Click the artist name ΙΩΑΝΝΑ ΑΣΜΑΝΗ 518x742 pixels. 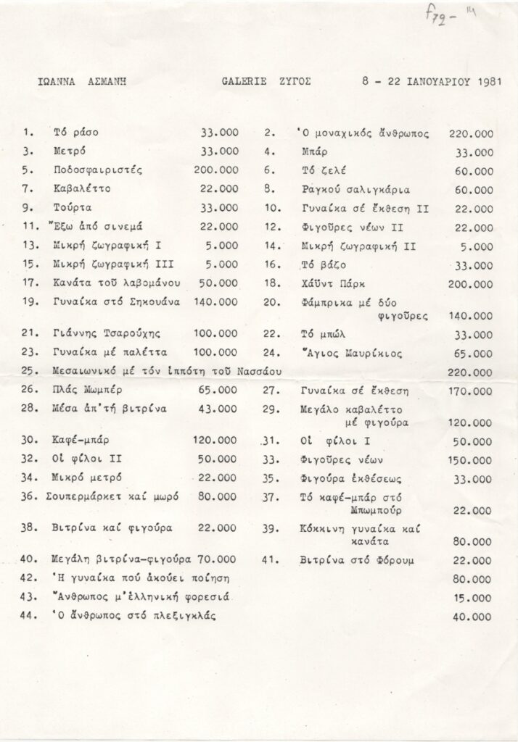tap(83, 82)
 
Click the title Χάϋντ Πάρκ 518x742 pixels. tap(329, 284)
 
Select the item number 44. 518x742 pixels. tap(30, 617)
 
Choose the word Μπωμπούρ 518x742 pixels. tap(342, 511)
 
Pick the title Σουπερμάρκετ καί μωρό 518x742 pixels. tap(115, 496)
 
